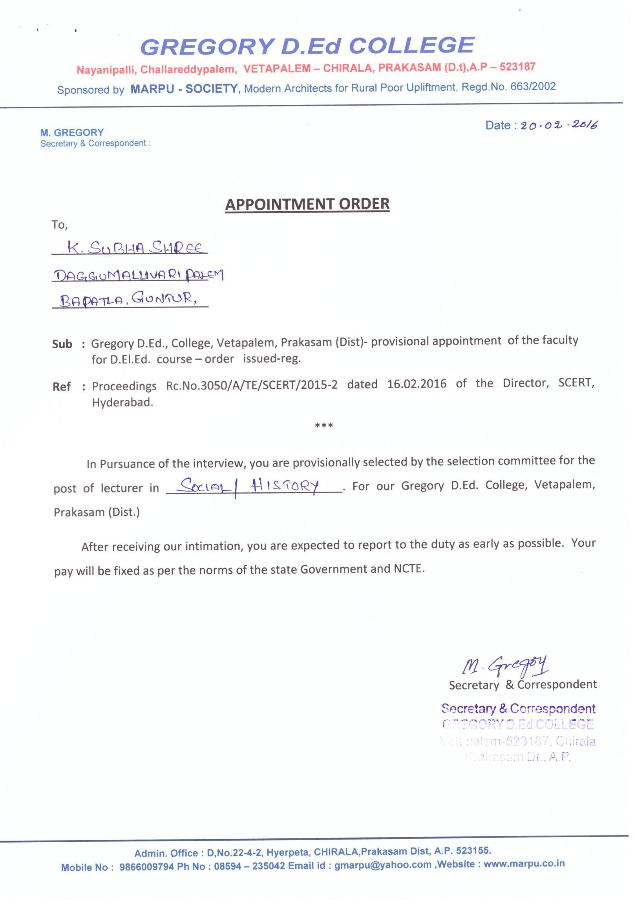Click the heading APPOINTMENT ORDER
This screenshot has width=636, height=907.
(307, 204)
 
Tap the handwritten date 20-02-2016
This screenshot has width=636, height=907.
(559, 125)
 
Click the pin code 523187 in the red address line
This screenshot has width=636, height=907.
(517, 66)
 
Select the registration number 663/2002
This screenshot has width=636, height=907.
(533, 86)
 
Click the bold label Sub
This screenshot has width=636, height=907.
(62, 344)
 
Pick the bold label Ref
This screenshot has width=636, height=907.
(62, 386)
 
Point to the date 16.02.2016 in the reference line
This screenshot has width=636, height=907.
(417, 384)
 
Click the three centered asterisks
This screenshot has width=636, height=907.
(324, 426)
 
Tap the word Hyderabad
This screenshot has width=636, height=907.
(122, 403)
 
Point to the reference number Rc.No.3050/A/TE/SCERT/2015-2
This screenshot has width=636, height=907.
(252, 385)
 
